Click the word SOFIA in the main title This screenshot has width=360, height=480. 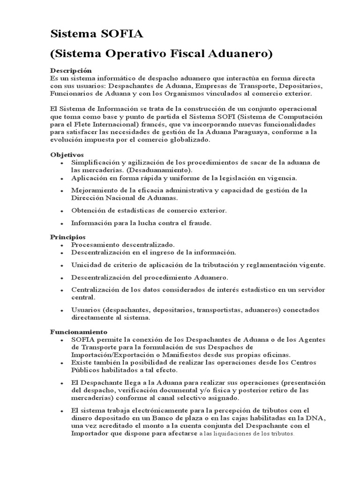tap(117, 34)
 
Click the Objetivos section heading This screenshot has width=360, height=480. tap(67, 154)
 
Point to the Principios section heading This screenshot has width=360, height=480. tap(68, 237)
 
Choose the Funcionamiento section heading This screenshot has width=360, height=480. tap(79, 332)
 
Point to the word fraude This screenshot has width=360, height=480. tap(200, 223)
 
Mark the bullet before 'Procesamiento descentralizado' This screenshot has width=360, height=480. tap(62, 245)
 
